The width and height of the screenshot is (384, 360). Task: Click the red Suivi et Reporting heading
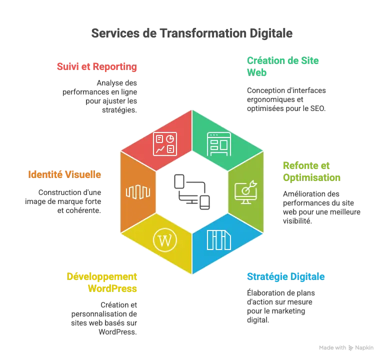click(97, 66)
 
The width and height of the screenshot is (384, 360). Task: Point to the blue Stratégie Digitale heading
click(285, 276)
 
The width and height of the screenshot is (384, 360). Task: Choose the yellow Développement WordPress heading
click(102, 282)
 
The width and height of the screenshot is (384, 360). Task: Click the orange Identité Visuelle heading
click(65, 175)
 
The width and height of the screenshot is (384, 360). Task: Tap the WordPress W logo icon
click(164, 240)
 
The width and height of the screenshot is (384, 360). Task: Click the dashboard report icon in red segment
click(164, 144)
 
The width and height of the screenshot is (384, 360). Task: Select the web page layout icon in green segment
click(219, 144)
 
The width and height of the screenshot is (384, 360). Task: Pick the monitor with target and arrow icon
click(246, 191)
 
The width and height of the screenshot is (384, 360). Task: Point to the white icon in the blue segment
click(219, 240)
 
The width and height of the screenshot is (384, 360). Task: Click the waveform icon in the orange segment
click(137, 191)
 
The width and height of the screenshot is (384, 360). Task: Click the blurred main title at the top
click(192, 34)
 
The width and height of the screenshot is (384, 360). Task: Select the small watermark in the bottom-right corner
click(345, 347)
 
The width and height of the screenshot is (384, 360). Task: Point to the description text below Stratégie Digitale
click(280, 305)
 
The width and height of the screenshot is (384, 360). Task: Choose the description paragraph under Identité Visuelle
click(65, 201)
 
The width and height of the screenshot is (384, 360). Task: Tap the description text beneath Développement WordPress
click(104, 318)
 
